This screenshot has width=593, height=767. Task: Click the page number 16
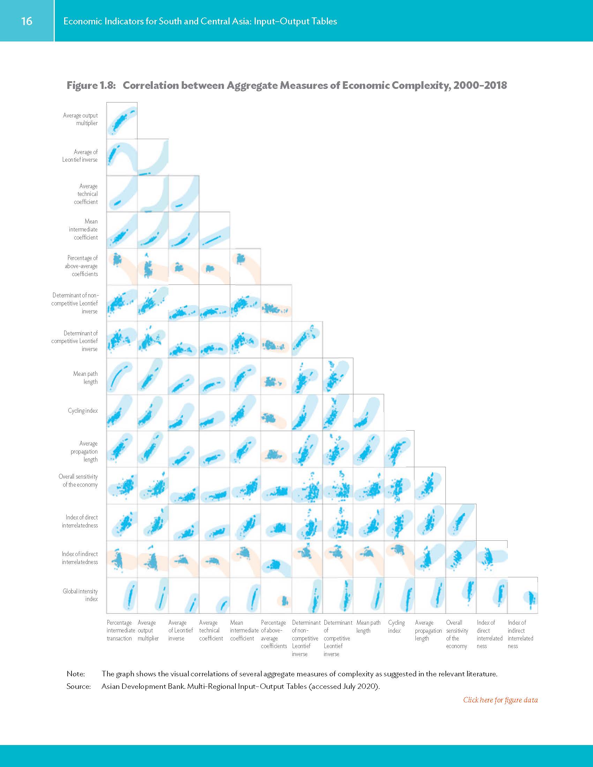27,21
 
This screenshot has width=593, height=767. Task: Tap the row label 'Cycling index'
83,411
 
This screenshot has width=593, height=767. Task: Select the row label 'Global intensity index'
81,595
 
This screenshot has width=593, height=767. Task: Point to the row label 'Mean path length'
85,378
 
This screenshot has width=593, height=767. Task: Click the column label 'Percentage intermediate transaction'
119,630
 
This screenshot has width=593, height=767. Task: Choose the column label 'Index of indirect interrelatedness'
520,634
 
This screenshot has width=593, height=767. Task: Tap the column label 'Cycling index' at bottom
396,626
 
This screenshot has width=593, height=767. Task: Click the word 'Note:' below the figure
76,674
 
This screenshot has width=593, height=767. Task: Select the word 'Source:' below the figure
78,686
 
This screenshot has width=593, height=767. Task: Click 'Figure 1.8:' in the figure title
91,85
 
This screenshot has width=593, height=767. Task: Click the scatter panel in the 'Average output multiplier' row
121,121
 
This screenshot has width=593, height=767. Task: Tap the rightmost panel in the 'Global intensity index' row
523,595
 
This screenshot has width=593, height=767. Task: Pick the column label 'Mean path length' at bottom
368,626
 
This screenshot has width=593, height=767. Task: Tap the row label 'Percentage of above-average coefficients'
82,266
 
